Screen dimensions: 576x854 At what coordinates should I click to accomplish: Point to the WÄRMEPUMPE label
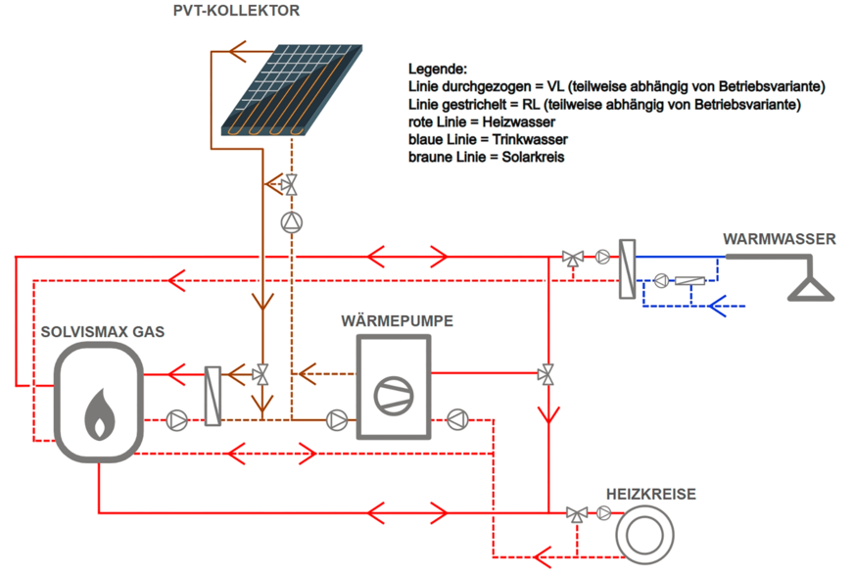pyautogui.click(x=398, y=320)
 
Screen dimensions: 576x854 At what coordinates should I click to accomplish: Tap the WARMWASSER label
pyautogui.click(x=779, y=238)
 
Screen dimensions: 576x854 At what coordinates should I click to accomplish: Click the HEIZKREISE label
pyautogui.click(x=650, y=495)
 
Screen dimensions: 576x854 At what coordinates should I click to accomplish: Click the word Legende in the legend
pyautogui.click(x=437, y=70)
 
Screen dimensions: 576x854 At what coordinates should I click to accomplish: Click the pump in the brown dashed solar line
pyautogui.click(x=292, y=222)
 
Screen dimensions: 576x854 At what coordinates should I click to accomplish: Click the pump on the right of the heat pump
pyautogui.click(x=456, y=420)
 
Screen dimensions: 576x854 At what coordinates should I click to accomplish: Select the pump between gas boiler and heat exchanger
pyautogui.click(x=177, y=420)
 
